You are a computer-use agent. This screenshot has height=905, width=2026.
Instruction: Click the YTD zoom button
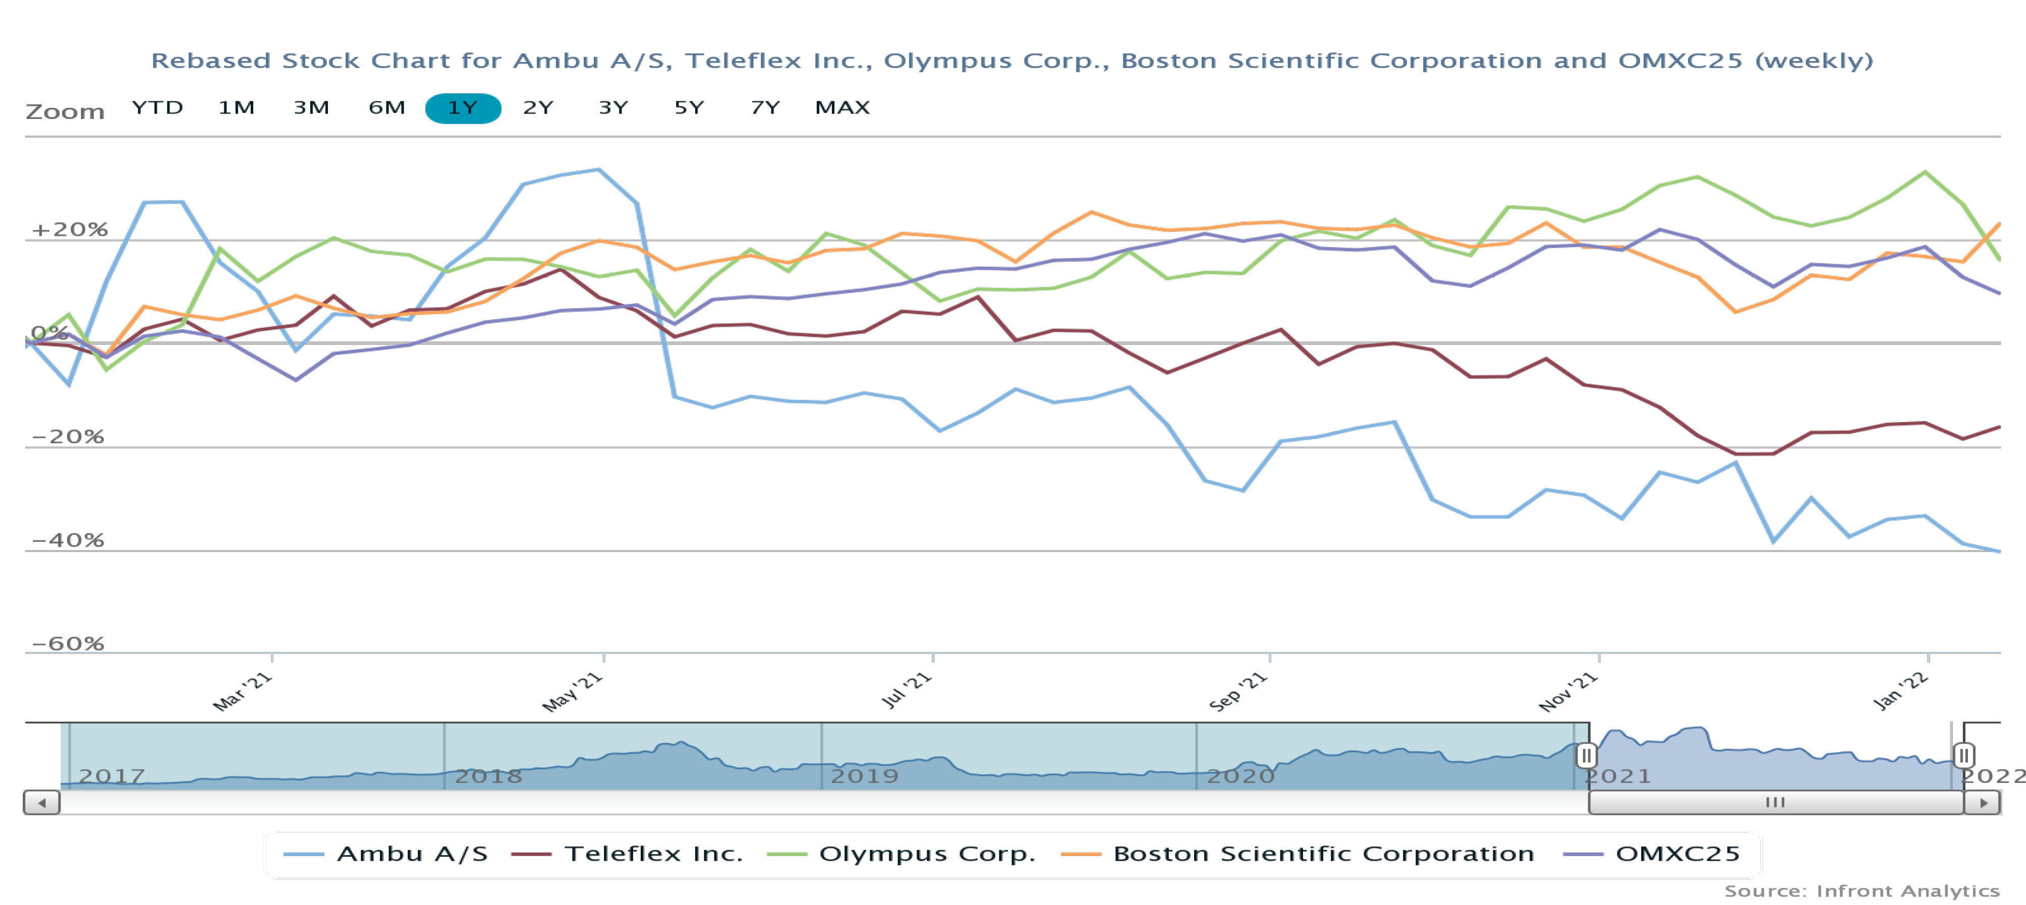tap(157, 108)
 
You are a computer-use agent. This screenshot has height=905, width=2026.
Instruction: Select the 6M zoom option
tap(387, 108)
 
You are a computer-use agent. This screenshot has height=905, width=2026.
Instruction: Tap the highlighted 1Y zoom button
tap(463, 108)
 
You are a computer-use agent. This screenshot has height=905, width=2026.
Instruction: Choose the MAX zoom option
tap(842, 108)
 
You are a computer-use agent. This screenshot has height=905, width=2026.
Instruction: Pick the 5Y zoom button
tap(689, 108)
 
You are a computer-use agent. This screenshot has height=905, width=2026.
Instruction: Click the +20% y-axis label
tap(69, 229)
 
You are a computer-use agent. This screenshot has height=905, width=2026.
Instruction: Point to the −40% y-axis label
tap(68, 540)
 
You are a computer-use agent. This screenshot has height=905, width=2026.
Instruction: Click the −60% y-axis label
tap(68, 644)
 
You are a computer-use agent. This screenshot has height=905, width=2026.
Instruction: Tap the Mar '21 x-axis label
tap(243, 691)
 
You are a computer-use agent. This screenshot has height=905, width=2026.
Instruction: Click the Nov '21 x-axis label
tap(1568, 692)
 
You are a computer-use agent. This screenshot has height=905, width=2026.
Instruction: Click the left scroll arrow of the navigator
tap(42, 803)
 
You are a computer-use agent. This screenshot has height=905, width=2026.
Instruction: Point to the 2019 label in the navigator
tap(864, 776)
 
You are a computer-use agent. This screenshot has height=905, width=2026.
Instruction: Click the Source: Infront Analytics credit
tap(1862, 891)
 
